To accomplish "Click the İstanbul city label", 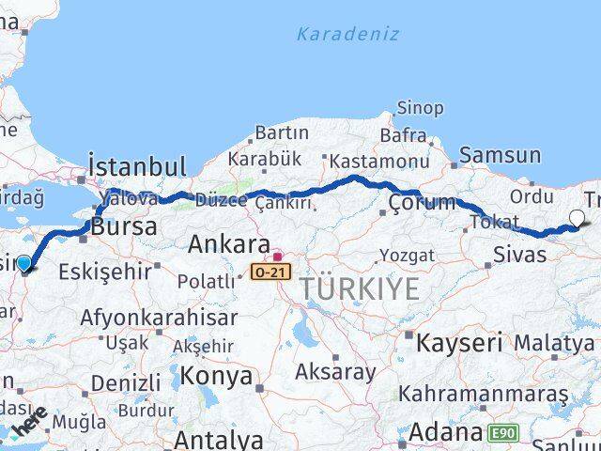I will click(x=137, y=167).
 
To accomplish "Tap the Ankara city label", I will click(x=229, y=245).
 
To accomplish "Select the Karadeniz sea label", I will click(x=347, y=34).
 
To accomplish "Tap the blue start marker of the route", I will click(x=24, y=265).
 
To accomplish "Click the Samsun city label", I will click(x=500, y=156).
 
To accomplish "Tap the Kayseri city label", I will click(x=458, y=342).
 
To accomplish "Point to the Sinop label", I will click(x=420, y=108).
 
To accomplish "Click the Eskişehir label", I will click(x=105, y=272).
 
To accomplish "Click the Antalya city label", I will click(x=219, y=439).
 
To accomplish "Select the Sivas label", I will click(x=520, y=255).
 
